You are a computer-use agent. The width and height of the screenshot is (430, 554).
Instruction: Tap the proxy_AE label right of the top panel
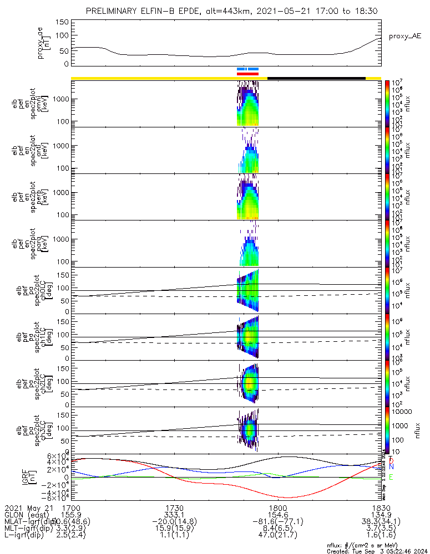pyautogui.click(x=404, y=36)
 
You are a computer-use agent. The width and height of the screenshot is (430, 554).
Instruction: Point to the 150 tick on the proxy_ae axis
pyautogui.click(x=62, y=22)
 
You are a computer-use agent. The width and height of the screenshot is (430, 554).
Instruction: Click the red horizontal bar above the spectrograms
pyautogui.click(x=247, y=73)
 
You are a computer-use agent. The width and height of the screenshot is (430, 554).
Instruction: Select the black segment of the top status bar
pyautogui.click(x=316, y=78)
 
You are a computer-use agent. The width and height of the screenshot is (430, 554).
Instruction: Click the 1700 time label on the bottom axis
pyautogui.click(x=72, y=507)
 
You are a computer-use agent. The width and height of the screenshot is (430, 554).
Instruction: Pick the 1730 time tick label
pyautogui.click(x=174, y=507)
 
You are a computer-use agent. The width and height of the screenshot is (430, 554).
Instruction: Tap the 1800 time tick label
pyautogui.click(x=277, y=507)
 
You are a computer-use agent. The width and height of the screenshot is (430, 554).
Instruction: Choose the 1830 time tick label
pyautogui.click(x=381, y=507)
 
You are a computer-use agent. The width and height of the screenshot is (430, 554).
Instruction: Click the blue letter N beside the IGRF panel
pyautogui.click(x=391, y=467)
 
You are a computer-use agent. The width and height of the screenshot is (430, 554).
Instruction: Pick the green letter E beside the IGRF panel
pyautogui.click(x=391, y=477)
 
